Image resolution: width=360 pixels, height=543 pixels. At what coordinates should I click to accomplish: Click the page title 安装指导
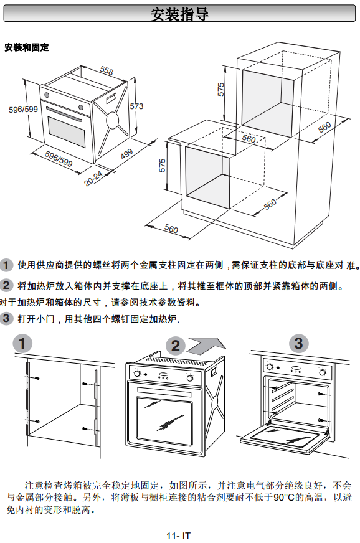179,14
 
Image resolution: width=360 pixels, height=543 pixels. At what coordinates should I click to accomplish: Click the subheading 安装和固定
27,47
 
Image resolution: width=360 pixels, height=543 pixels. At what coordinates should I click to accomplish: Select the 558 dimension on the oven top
107,70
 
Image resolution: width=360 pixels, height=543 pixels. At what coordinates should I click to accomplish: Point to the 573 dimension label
136,106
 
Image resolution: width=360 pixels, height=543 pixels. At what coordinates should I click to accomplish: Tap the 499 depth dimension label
126,154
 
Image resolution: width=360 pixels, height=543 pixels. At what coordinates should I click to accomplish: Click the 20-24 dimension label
93,178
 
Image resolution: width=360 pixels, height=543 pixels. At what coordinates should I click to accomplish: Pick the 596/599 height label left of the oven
23,110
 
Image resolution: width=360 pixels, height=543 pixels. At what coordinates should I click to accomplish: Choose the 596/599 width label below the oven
59,159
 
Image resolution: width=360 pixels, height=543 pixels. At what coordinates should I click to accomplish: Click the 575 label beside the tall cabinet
220,90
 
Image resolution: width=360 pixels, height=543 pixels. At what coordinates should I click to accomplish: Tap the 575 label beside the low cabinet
162,166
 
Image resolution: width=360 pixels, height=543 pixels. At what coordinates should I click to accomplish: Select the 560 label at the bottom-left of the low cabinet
171,229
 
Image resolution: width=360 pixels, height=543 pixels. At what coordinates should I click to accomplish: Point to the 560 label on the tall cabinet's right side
324,128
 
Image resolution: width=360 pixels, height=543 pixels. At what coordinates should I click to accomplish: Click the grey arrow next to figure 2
207,346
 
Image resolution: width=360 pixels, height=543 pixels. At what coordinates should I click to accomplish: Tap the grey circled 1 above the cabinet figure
22,344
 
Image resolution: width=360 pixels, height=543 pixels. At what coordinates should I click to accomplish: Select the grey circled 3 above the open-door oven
298,343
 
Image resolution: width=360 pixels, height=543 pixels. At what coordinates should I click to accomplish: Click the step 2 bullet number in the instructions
6,285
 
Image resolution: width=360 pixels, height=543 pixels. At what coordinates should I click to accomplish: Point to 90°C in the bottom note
284,498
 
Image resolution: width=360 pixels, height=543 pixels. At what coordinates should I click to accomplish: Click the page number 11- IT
178,536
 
